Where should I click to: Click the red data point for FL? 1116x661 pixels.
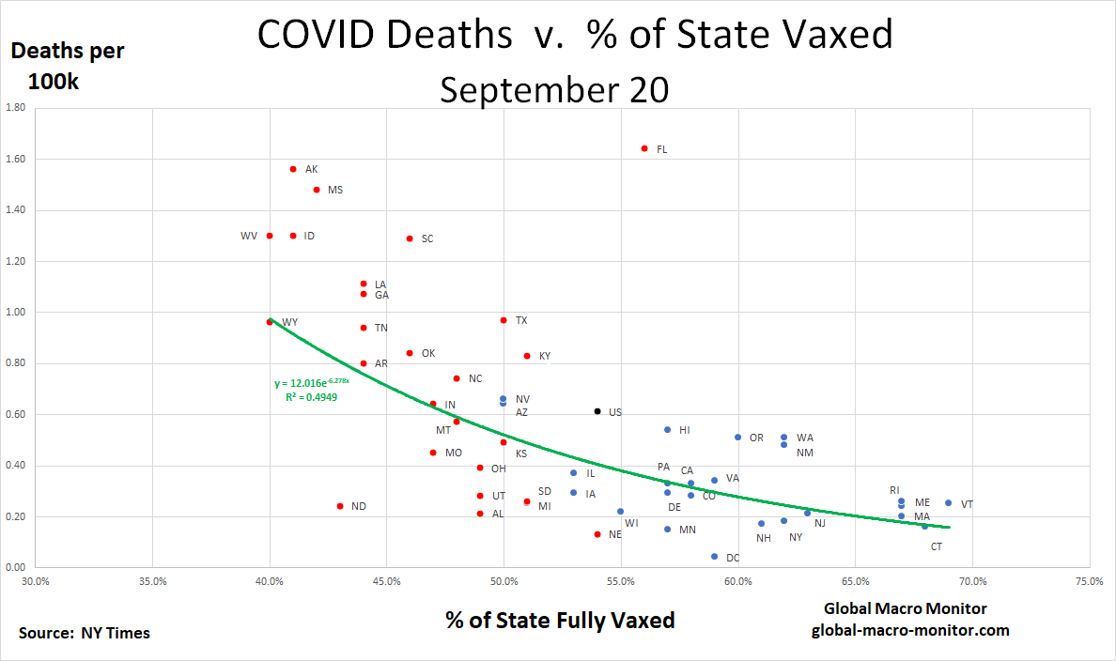point(644,148)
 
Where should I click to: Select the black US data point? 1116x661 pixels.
point(597,411)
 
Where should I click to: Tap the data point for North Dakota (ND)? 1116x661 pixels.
point(340,506)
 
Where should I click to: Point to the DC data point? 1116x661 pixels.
point(715,557)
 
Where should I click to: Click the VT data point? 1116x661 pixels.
point(948,503)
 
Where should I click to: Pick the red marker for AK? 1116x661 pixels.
point(293,169)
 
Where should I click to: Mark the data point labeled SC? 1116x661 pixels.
point(410,238)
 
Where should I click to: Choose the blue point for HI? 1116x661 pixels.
point(668,430)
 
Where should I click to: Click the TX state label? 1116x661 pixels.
point(521,320)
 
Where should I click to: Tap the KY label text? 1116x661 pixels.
point(545,356)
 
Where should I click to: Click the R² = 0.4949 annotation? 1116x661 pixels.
point(311,397)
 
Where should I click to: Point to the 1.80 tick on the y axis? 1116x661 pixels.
point(16,108)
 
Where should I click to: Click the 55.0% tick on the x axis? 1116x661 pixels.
point(621,582)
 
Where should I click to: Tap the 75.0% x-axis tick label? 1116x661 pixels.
point(1090,582)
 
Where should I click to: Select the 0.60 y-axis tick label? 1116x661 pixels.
point(16,414)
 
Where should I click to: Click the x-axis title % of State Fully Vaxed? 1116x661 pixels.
point(560,620)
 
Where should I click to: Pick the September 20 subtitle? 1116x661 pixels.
point(554,90)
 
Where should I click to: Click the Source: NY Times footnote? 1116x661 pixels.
point(85,633)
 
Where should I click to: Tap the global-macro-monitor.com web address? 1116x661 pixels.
point(910,630)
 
